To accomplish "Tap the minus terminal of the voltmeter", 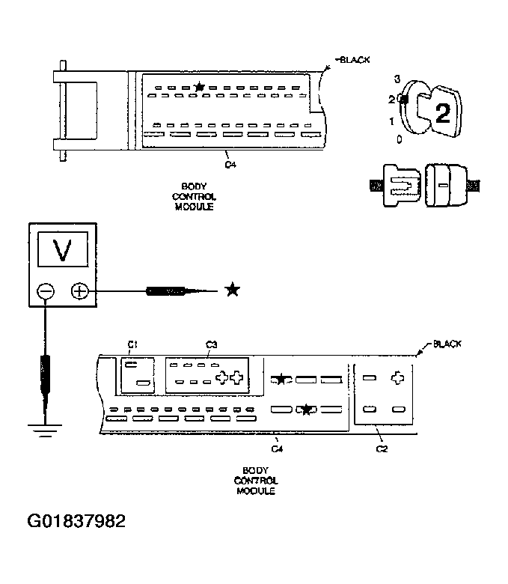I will [46, 291].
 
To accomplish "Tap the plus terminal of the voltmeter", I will [79, 291].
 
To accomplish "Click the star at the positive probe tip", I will [233, 290].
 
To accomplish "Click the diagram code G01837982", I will [76, 520].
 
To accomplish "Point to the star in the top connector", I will [199, 88].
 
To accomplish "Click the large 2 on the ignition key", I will [442, 113].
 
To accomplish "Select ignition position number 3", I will [397, 79].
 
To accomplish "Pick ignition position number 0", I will [399, 139].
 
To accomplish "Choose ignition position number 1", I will [392, 121].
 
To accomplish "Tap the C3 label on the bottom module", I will [211, 344].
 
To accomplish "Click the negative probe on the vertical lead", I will [45, 374].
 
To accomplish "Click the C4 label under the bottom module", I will [277, 448].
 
